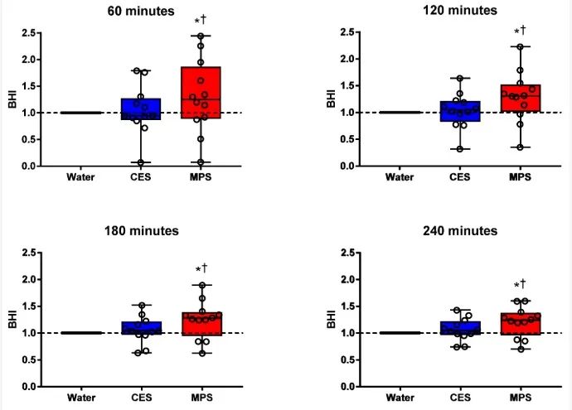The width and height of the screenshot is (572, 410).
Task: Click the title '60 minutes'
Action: tap(141, 12)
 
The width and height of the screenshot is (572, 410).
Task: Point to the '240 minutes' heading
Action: tap(458, 230)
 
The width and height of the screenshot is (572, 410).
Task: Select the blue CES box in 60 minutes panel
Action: tap(141, 109)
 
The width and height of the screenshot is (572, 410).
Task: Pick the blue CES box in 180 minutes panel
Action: tap(141, 328)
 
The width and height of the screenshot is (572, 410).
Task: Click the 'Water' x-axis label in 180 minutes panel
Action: tap(81, 397)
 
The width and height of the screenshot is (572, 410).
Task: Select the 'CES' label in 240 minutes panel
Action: tap(459, 397)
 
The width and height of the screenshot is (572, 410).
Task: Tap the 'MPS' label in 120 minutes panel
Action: tap(519, 176)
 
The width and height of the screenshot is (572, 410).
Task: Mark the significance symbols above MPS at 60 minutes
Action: tap(200, 20)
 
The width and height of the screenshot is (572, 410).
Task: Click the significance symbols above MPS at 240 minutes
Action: tap(519, 284)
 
